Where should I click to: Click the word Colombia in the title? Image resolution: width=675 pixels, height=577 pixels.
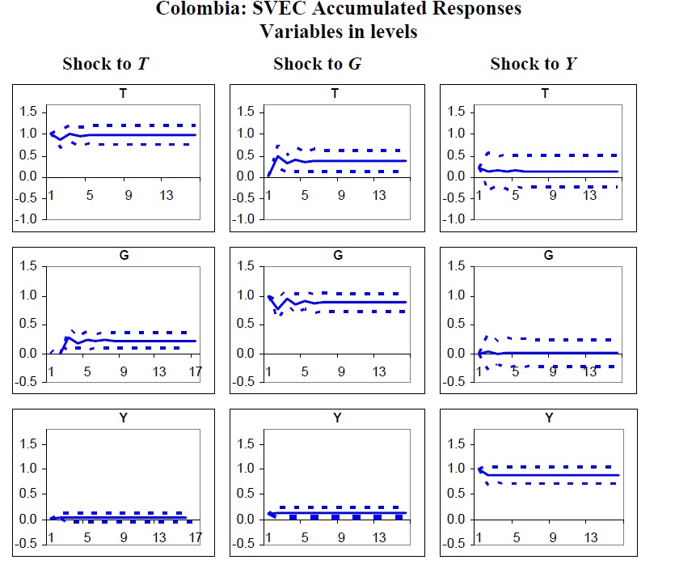(x=193, y=10)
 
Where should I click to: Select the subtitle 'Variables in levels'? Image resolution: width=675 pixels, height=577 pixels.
(x=338, y=32)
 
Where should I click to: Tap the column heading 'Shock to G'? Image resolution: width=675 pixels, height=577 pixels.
(x=317, y=64)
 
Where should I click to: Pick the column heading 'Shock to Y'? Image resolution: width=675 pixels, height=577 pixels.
(x=534, y=64)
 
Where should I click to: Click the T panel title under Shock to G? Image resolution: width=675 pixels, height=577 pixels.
(x=335, y=94)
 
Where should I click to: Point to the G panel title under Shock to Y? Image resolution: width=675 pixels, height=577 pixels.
(x=549, y=256)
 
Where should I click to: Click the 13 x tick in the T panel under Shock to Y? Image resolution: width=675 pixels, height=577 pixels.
(x=590, y=195)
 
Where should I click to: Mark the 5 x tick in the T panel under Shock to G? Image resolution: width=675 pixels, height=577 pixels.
(x=304, y=195)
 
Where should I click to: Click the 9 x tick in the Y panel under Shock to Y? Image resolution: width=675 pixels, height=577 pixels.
(x=553, y=537)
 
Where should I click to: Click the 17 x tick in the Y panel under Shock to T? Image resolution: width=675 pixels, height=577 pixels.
(x=195, y=537)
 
